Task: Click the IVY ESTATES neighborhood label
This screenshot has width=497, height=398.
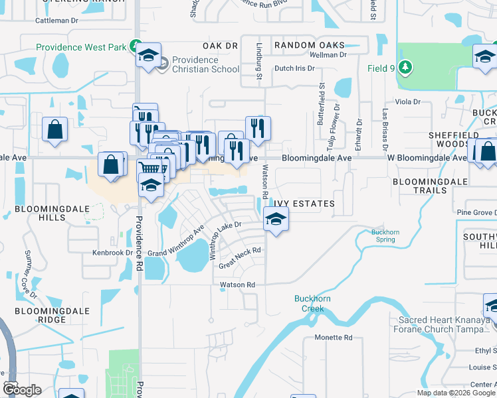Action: click(x=303, y=203)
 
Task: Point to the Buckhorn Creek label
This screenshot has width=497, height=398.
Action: click(x=309, y=303)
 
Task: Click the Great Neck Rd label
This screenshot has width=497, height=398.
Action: click(x=240, y=256)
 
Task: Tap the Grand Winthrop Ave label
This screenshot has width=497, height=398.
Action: click(x=176, y=243)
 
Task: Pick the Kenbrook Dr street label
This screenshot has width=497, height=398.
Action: click(x=112, y=253)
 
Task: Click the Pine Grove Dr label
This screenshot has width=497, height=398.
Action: click(x=476, y=212)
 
